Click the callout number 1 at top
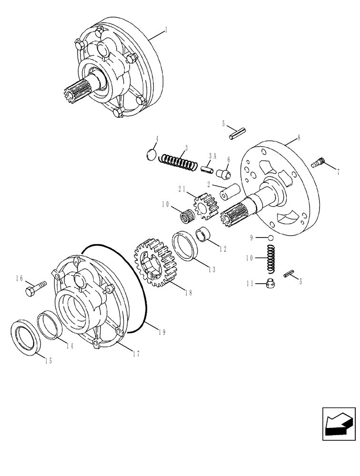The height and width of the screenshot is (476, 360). (x=166, y=30)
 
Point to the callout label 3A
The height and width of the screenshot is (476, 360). (x=212, y=155)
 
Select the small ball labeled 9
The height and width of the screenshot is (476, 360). (x=270, y=238)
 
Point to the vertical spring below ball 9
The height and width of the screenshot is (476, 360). (x=270, y=259)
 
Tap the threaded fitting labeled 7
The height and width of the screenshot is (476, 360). (x=319, y=163)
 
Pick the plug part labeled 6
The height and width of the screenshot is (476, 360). (x=223, y=174)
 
